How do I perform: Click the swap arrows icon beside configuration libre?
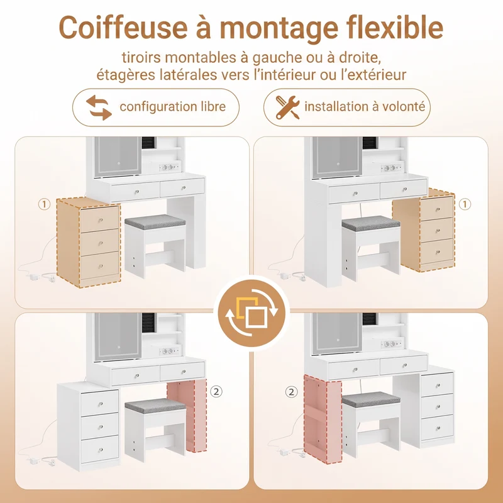pos(99,108)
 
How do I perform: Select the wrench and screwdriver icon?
pos(288,108)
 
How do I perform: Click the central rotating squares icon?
pos(251,313)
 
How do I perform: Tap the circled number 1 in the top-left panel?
pos(44,204)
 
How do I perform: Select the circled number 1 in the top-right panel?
pos(465,204)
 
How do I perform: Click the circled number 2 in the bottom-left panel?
pos(216,392)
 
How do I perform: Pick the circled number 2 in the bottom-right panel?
pos(292,392)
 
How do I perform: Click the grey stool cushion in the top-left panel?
pos(155,222)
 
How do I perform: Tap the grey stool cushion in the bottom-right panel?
pos(371,399)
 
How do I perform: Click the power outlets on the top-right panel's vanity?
pos(391,167)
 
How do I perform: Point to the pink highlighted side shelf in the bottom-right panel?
pos(323,419)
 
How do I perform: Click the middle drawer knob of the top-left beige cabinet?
pos(101,243)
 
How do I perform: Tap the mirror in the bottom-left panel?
pos(118,336)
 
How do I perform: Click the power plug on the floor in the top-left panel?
pos(35,276)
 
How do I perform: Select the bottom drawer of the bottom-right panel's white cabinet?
pos(437,428)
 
